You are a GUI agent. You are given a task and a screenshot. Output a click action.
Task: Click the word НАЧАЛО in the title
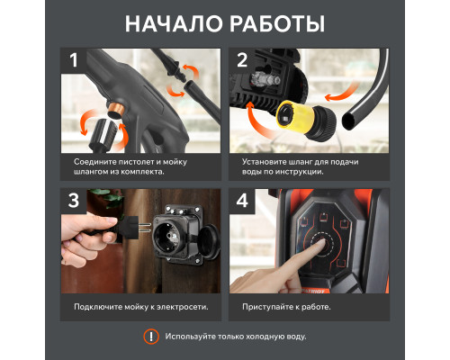click(174, 23)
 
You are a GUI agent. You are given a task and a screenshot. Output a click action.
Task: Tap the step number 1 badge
click(74, 60)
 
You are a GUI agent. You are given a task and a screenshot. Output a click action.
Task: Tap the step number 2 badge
click(242, 60)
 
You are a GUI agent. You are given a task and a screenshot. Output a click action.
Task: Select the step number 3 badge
click(74, 201)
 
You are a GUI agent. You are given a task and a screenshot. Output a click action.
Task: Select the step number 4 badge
click(242, 201)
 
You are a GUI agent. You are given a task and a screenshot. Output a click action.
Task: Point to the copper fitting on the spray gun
click(116, 109)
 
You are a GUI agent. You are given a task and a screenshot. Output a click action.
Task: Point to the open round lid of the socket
click(209, 242)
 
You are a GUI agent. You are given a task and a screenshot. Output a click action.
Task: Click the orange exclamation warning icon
click(151, 337)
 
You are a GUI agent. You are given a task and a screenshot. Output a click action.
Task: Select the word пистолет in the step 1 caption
click(137, 162)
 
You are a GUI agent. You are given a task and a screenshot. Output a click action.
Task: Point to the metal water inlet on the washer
click(264, 79)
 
